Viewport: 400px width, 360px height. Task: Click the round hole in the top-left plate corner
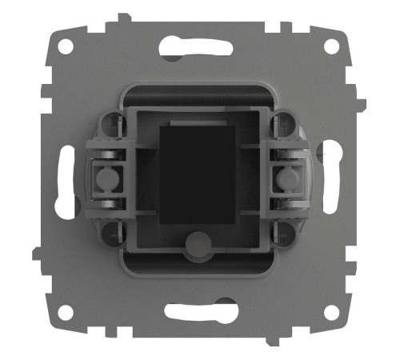pos(65,46)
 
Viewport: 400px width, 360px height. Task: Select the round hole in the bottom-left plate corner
pos(65,312)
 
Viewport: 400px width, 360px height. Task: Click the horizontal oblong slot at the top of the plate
pos(196,49)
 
